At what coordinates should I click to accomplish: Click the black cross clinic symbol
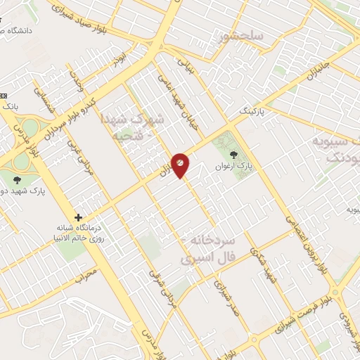coord(79,217)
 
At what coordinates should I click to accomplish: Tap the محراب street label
coord(84,274)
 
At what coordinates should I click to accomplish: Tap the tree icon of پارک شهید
coord(17,181)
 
